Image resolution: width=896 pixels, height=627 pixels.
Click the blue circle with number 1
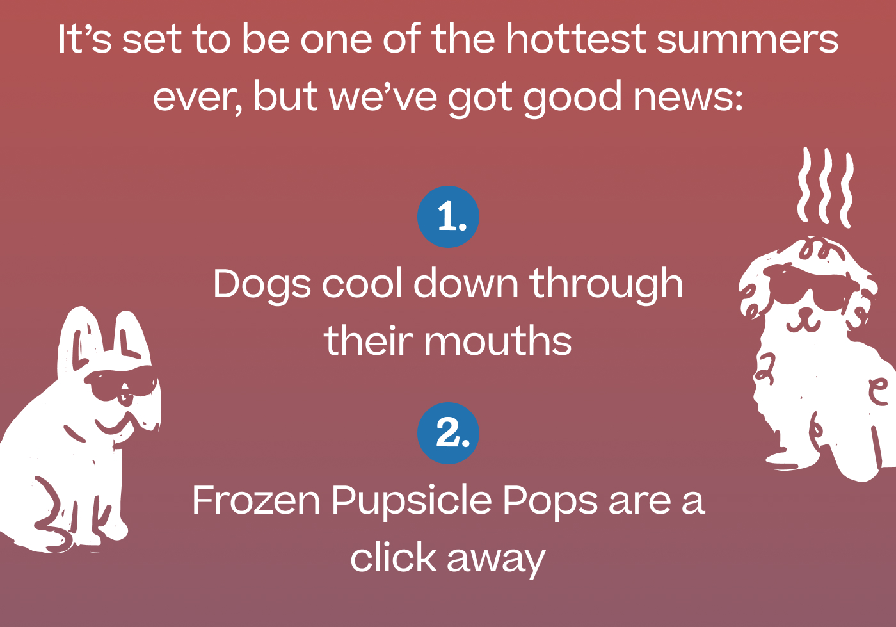click(x=448, y=217)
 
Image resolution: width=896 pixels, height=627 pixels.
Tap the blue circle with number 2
click(x=448, y=433)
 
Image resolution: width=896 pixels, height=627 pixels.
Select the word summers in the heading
click(x=747, y=39)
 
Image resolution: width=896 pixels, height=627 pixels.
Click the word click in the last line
click(x=392, y=557)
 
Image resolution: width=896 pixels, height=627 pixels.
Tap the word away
click(x=496, y=558)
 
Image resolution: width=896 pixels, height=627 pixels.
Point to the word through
click(x=606, y=284)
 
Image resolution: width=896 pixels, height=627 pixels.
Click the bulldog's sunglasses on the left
click(x=122, y=384)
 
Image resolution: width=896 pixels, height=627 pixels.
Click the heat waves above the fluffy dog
click(x=825, y=186)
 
